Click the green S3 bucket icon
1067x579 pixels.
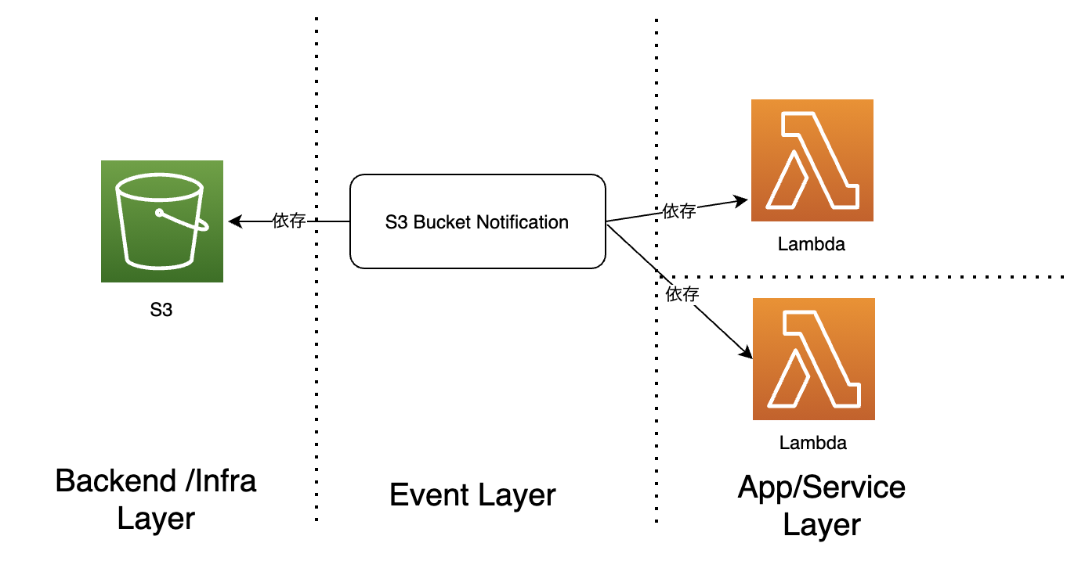coord(161,221)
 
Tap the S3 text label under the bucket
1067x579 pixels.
coord(161,310)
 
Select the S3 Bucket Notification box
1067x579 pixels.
coord(477,222)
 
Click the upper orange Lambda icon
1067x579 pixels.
coord(812,160)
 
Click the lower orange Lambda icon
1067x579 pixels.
coord(813,359)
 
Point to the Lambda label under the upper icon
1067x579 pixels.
coord(812,244)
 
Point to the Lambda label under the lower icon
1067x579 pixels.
coord(813,443)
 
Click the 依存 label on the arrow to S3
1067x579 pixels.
coord(288,221)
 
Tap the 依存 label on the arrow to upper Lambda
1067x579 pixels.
coord(679,210)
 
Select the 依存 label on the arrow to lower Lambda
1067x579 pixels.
coord(682,294)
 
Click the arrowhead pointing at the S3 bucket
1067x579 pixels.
coord(233,222)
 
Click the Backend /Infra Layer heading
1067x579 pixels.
coord(156,498)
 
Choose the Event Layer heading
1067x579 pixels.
coord(472,495)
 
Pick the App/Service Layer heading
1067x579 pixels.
coord(822,505)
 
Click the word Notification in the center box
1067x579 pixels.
coord(522,222)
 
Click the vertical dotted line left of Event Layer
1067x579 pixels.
coord(316,352)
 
